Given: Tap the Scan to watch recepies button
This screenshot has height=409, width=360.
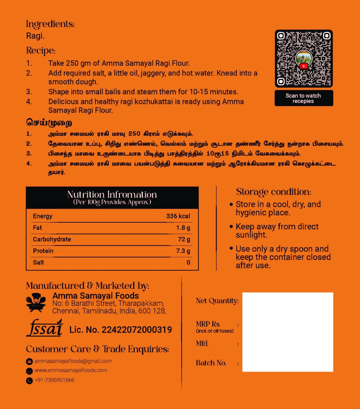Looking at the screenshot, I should click(304, 98).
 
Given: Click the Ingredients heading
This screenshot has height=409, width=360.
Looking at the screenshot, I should click(50, 24).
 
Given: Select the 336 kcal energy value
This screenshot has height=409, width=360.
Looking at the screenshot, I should click(178, 216).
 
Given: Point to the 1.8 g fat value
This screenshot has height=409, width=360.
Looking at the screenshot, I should click(183, 228).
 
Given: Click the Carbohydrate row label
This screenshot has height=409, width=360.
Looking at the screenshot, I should click(52, 239).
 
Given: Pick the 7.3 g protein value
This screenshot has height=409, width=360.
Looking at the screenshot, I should click(183, 251).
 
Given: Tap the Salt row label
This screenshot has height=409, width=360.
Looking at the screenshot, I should click(38, 263).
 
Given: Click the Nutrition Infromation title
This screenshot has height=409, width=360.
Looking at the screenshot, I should click(112, 195).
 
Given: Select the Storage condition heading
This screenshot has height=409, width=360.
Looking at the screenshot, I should click(273, 192).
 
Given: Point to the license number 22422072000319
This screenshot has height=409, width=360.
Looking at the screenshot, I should click(137, 330).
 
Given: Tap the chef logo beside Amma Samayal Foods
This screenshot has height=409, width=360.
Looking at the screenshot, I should click(36, 303).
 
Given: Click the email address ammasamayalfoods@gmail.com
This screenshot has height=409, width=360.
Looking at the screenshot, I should click(73, 361).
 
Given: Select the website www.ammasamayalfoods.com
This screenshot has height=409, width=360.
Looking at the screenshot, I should click(71, 370).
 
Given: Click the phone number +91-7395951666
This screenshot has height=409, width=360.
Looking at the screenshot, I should click(54, 380).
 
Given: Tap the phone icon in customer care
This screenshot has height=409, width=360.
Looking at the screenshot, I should click(29, 381).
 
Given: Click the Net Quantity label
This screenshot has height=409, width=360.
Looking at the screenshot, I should click(217, 301).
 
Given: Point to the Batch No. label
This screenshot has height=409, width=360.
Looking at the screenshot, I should click(211, 363).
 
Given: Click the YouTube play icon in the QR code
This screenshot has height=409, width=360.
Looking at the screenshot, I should click(304, 66).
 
